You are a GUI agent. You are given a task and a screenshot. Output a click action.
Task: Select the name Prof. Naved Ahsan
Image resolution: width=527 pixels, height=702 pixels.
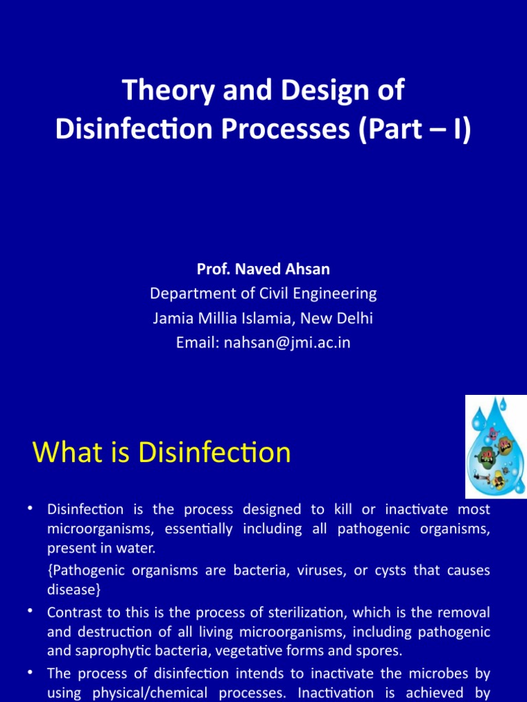click(x=263, y=269)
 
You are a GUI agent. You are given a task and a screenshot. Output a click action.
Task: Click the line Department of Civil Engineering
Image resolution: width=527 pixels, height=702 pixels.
click(x=263, y=293)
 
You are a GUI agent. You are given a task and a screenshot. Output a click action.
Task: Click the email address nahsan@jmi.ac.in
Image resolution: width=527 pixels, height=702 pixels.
click(x=288, y=343)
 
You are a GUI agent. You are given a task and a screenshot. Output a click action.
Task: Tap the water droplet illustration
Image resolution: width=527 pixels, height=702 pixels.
click(x=495, y=446)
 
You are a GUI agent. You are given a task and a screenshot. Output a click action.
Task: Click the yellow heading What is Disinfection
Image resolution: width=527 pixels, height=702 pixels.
click(x=162, y=453)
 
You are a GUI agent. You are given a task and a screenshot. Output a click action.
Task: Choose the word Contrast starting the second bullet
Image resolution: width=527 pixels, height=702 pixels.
click(x=73, y=612)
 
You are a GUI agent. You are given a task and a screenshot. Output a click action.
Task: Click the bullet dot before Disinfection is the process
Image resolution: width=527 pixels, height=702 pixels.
click(x=30, y=509)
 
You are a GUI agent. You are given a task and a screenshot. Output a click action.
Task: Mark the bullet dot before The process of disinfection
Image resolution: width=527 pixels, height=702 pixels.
click(x=30, y=673)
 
